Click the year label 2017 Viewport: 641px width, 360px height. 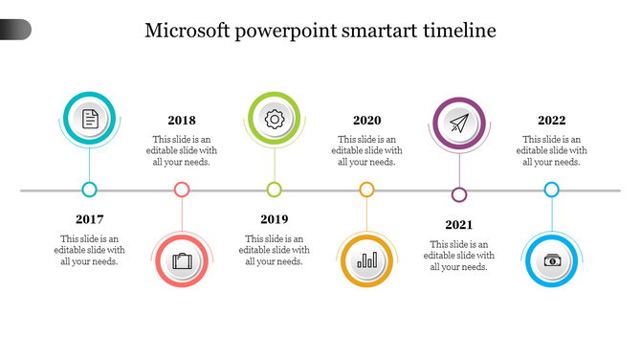pos(90,219)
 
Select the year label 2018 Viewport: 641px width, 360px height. pos(182,121)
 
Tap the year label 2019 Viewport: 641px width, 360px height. pos(275,219)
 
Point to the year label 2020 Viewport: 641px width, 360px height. pos(366,121)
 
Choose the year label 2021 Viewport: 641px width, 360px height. pos(459,225)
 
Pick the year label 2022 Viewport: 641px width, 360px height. pos(551,121)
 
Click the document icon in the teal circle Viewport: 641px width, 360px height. pos(90,119)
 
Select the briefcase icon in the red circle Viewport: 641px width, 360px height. pos(182,260)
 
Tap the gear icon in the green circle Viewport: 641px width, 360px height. pos(275,119)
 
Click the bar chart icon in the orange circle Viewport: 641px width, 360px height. pos(366,260)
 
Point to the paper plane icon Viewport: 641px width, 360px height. pos(459,124)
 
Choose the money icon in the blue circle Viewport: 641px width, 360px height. pos(552,260)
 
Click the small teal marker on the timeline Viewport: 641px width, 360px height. pos(90,190)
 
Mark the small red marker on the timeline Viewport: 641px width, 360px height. pos(182,190)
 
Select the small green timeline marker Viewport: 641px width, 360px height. pos(275,190)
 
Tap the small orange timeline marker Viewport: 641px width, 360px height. pos(366,190)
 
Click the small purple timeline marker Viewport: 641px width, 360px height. pos(459,195)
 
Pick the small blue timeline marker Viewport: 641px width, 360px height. pos(551,190)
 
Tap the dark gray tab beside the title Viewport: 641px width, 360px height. pos(15,30)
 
